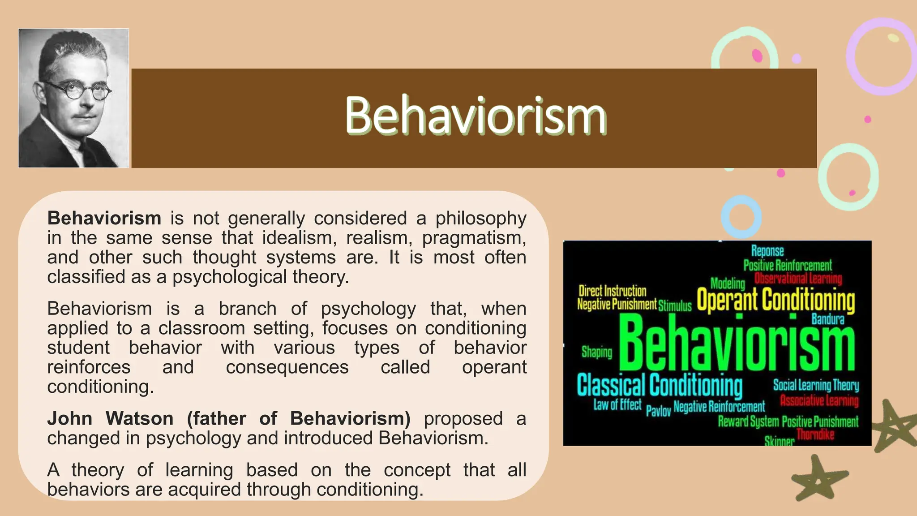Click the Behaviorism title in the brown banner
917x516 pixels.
pyautogui.click(x=476, y=116)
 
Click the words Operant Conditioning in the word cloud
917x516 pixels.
pyautogui.click(x=776, y=300)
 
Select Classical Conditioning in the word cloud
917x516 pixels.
pyautogui.click(x=659, y=385)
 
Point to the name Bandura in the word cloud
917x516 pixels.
pyautogui.click(x=827, y=319)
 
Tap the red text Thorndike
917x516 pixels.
pyautogui.click(x=815, y=434)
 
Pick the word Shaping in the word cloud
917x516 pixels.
pyautogui.click(x=596, y=352)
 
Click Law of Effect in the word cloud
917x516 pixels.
pyautogui.click(x=617, y=404)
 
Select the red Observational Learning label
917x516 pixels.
pyautogui.click(x=798, y=279)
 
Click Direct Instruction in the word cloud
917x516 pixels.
pyautogui.click(x=612, y=291)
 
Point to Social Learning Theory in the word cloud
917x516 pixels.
pyautogui.click(x=816, y=385)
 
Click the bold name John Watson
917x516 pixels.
pyautogui.click(x=110, y=418)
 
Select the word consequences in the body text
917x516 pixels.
pyautogui.click(x=287, y=367)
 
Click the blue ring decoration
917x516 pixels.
pyautogui.click(x=741, y=216)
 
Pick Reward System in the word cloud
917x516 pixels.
pyautogui.click(x=748, y=421)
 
